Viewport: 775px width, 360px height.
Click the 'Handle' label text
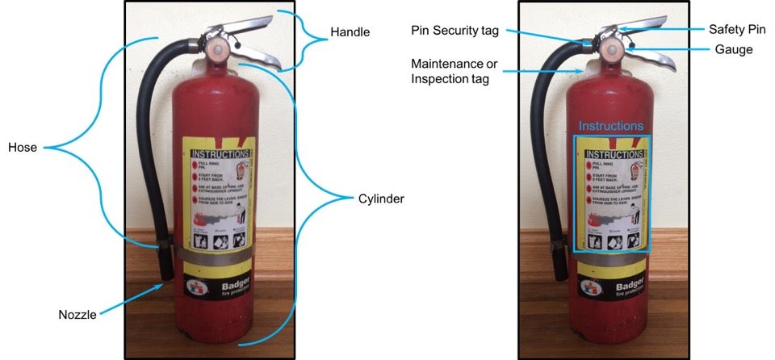(x=350, y=33)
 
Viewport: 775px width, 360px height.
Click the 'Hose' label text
(x=23, y=148)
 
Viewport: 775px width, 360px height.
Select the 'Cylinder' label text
(x=381, y=198)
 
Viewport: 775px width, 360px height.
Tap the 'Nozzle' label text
(x=77, y=315)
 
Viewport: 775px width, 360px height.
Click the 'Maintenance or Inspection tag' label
(x=450, y=70)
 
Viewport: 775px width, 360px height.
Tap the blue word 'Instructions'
(x=611, y=127)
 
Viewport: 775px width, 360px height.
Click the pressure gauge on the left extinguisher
(x=216, y=49)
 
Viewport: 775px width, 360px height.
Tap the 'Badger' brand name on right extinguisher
(x=630, y=287)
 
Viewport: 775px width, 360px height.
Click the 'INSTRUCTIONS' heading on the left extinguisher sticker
(x=219, y=153)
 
